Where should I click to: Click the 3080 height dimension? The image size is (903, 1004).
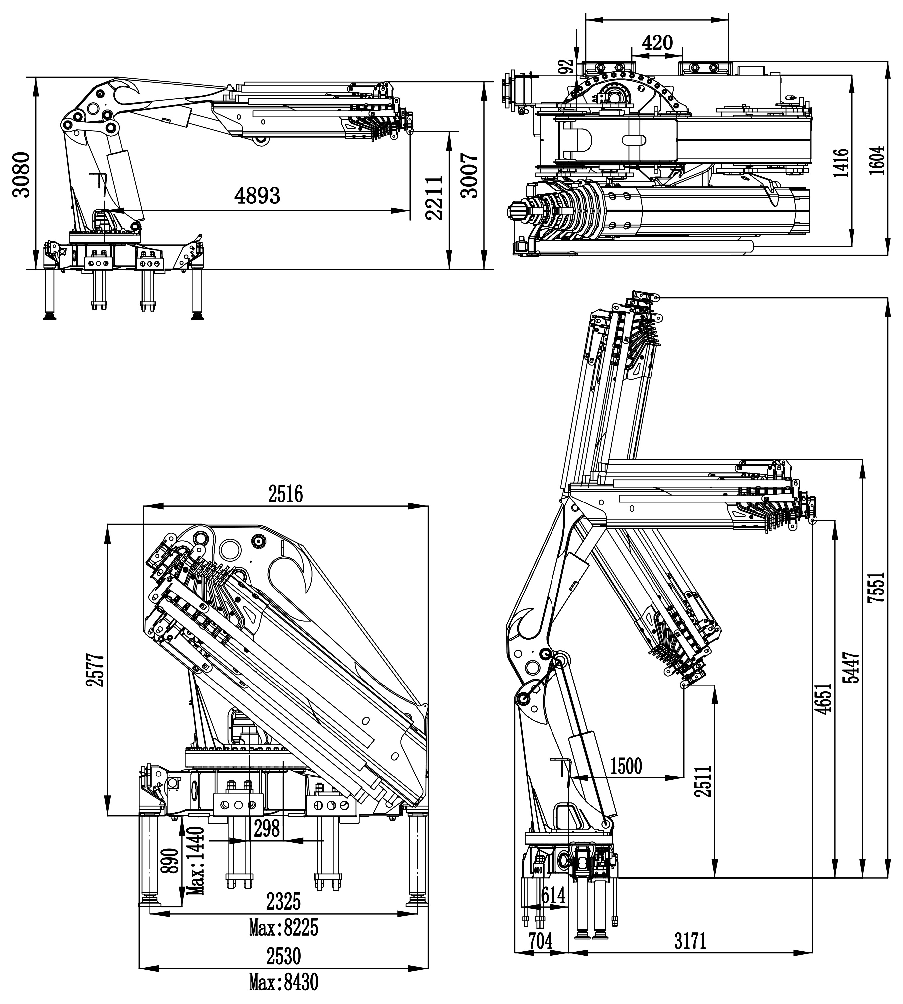point(21,175)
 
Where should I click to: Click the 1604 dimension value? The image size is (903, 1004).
point(877,160)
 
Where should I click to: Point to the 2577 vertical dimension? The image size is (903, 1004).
point(96,669)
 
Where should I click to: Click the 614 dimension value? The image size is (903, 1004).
point(553,895)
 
